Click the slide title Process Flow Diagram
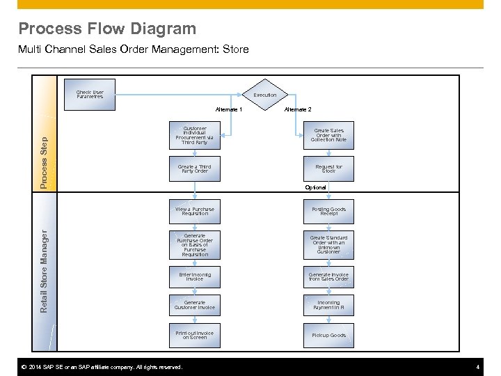(107, 29)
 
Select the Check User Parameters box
(90, 95)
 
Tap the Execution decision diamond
(264, 95)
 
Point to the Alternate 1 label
(229, 109)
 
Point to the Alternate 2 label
(298, 109)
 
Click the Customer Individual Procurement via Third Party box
(195, 135)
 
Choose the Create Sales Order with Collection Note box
(328, 135)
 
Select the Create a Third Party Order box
(195, 169)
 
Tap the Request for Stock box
(328, 169)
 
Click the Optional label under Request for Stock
(316, 187)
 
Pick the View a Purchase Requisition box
(195, 211)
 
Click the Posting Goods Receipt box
(328, 211)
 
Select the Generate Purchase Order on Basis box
(195, 244)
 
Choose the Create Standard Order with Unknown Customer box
(328, 244)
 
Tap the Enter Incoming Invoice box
(195, 276)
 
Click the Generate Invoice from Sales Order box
(328, 276)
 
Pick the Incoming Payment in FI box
(328, 305)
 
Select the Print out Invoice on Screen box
(195, 335)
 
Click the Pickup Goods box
(328, 335)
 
